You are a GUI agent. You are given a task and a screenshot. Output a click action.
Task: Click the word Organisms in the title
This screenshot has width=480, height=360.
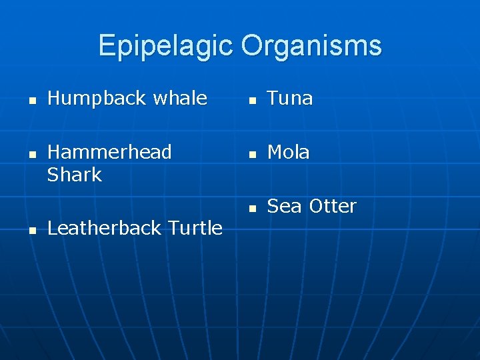(x=311, y=46)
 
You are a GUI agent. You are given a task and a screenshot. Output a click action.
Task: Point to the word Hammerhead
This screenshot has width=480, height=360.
(x=109, y=152)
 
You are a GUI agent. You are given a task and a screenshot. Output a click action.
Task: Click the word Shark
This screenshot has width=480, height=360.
(x=74, y=175)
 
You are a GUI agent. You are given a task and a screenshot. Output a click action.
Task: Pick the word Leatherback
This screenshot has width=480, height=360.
(x=105, y=228)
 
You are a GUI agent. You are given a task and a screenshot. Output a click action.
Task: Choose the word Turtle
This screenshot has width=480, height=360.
(x=195, y=228)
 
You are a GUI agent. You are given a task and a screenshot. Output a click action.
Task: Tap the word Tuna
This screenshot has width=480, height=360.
(x=290, y=99)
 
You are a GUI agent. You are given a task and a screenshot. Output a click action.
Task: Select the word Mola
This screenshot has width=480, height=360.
(x=289, y=152)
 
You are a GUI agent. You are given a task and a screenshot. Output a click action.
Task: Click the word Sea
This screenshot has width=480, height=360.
(x=283, y=206)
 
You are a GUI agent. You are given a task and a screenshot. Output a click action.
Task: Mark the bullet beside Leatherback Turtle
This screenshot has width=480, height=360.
(x=32, y=231)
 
